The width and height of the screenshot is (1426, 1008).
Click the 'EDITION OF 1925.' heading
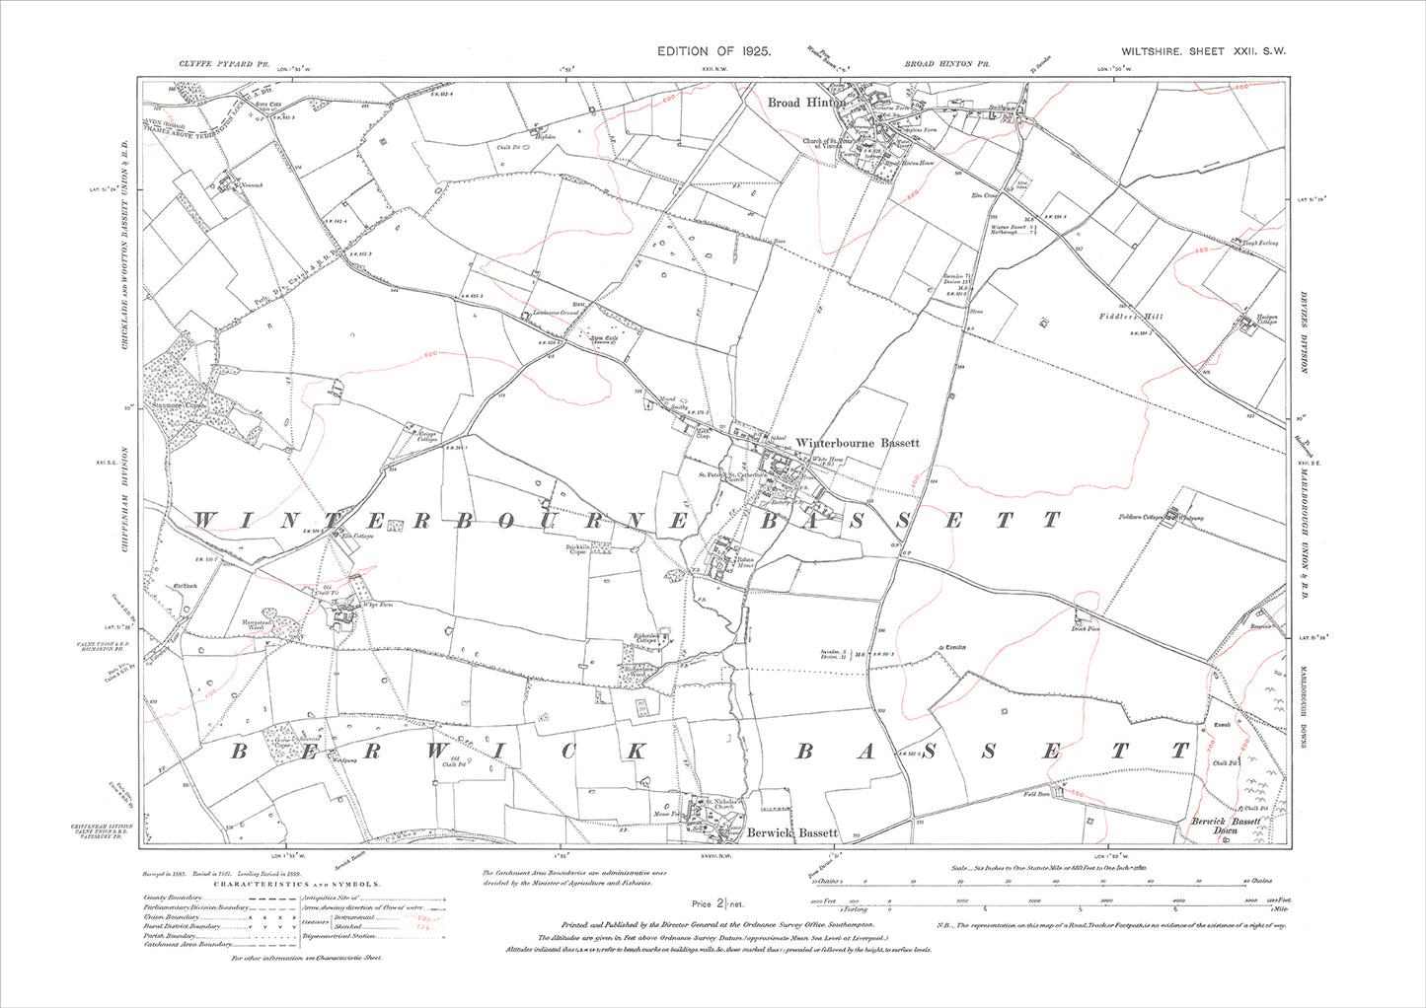[x=713, y=50]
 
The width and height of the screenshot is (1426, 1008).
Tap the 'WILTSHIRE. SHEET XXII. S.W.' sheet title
[x=1203, y=51]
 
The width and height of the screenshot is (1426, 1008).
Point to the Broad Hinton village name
[x=806, y=103]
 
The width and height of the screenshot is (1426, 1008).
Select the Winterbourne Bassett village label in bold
[x=858, y=443]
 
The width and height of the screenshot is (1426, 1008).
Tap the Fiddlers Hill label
[x=1131, y=317]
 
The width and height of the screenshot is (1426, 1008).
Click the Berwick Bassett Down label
[x=1225, y=826]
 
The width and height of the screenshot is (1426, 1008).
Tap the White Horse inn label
[x=829, y=460]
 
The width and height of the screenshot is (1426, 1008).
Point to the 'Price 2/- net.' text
[x=717, y=903]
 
